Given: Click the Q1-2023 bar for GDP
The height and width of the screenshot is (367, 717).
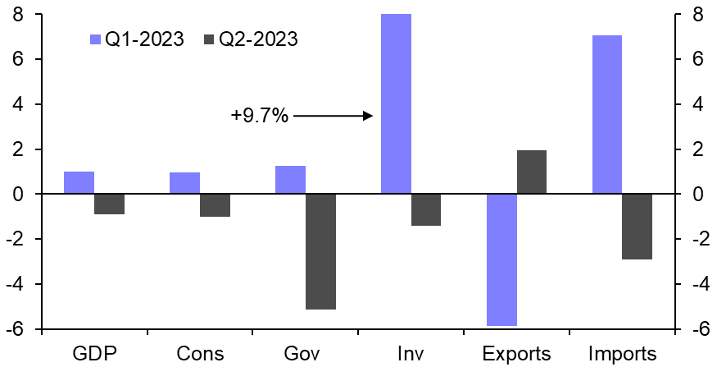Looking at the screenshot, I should pyautogui.click(x=79, y=183).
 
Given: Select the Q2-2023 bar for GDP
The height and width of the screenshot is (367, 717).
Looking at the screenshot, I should pyautogui.click(x=109, y=204).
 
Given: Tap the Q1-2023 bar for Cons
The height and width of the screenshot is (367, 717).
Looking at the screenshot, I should pyautogui.click(x=184, y=183).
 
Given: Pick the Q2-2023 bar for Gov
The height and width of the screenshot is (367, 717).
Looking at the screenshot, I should pyautogui.click(x=320, y=251).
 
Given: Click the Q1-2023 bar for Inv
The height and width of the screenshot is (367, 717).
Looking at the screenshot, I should pyautogui.click(x=396, y=104).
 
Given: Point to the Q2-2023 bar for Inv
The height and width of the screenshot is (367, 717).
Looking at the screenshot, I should pyautogui.click(x=426, y=209).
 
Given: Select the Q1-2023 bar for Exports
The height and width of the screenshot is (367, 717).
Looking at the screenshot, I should pyautogui.click(x=501, y=259).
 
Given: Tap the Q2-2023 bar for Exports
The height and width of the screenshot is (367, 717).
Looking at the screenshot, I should pyautogui.click(x=532, y=172).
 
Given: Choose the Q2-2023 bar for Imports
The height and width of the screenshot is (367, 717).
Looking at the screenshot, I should pyautogui.click(x=638, y=227).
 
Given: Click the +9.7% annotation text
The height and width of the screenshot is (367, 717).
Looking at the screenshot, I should pyautogui.click(x=259, y=117).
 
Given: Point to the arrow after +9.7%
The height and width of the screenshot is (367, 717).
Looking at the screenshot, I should pyautogui.click(x=333, y=117).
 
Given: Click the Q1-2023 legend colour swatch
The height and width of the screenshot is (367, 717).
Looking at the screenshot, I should pyautogui.click(x=93, y=39).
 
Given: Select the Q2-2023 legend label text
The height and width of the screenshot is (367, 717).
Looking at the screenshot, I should pyautogui.click(x=257, y=39).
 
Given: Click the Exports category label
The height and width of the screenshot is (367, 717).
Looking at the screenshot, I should pyautogui.click(x=516, y=354).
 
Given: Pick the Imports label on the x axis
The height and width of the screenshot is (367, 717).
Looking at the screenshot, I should pyautogui.click(x=623, y=354).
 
